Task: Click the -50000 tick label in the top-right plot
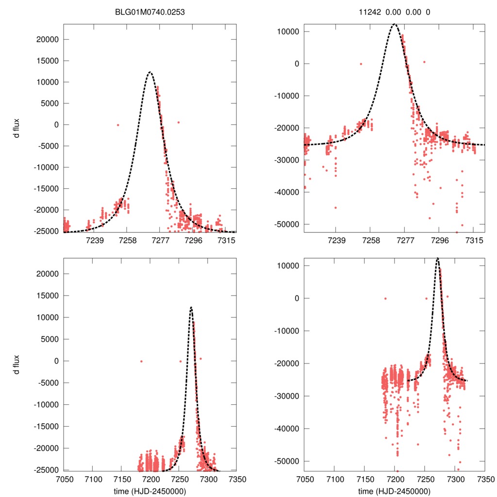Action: tap(286, 224)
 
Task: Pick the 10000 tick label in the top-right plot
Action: tap(289, 32)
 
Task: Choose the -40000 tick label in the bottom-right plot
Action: tap(286, 429)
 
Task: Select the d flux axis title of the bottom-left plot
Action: tap(17, 364)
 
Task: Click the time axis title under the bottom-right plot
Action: tap(394, 491)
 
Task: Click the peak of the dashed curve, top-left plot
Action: tap(150, 72)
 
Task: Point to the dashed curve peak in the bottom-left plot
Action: tap(191, 307)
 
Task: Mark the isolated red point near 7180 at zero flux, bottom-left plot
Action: tap(141, 361)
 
